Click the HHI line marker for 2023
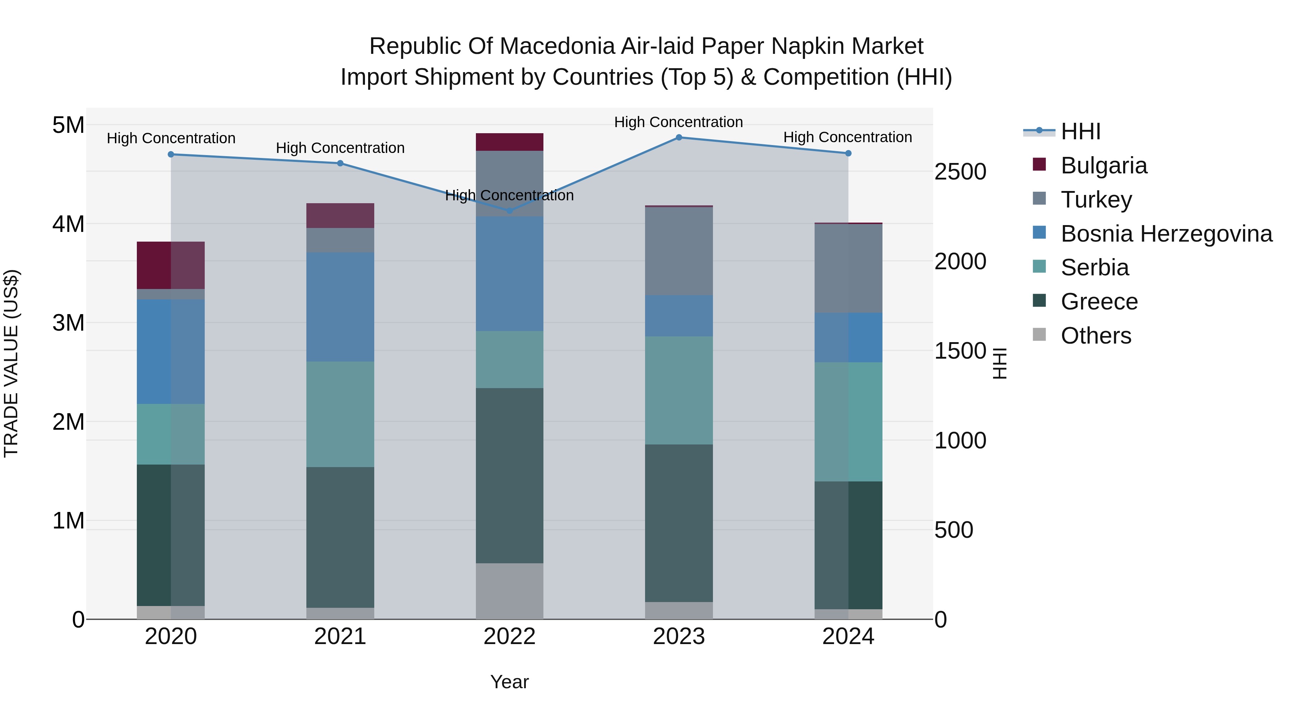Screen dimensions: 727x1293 point(678,138)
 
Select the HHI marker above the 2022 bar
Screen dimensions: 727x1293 point(509,211)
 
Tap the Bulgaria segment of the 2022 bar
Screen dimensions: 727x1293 point(509,142)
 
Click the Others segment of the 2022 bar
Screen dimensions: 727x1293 point(509,591)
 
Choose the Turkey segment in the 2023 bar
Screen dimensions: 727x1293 point(678,251)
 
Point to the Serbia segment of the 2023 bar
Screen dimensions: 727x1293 point(678,390)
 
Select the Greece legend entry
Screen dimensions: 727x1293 point(1099,302)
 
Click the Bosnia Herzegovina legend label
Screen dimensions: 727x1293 point(1166,234)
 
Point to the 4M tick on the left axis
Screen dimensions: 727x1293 point(68,224)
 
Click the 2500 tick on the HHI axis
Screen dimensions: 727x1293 point(960,172)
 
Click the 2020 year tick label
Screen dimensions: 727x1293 point(171,637)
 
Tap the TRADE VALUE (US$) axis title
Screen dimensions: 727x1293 point(11,363)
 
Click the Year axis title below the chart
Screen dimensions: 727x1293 point(509,682)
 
